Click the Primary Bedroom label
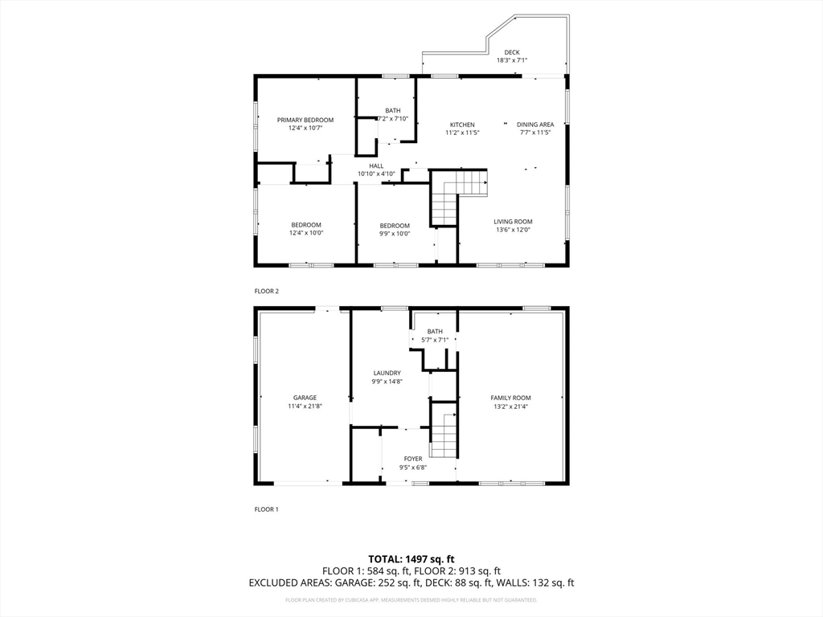(x=305, y=120)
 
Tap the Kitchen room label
(x=462, y=125)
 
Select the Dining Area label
(x=535, y=125)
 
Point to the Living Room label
(x=514, y=222)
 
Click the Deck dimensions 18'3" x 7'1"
(x=511, y=60)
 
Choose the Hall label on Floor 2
(x=376, y=165)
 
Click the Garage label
(x=305, y=398)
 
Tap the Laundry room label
(x=387, y=373)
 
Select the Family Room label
(x=511, y=398)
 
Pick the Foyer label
(x=413, y=460)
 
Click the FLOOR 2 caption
(x=266, y=291)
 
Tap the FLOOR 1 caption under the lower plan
(x=266, y=509)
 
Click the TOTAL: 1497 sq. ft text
(x=411, y=559)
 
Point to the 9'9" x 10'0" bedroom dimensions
(x=395, y=234)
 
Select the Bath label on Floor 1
(x=435, y=331)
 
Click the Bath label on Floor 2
(x=392, y=111)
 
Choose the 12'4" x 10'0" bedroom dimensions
(x=306, y=234)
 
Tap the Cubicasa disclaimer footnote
(x=411, y=599)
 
